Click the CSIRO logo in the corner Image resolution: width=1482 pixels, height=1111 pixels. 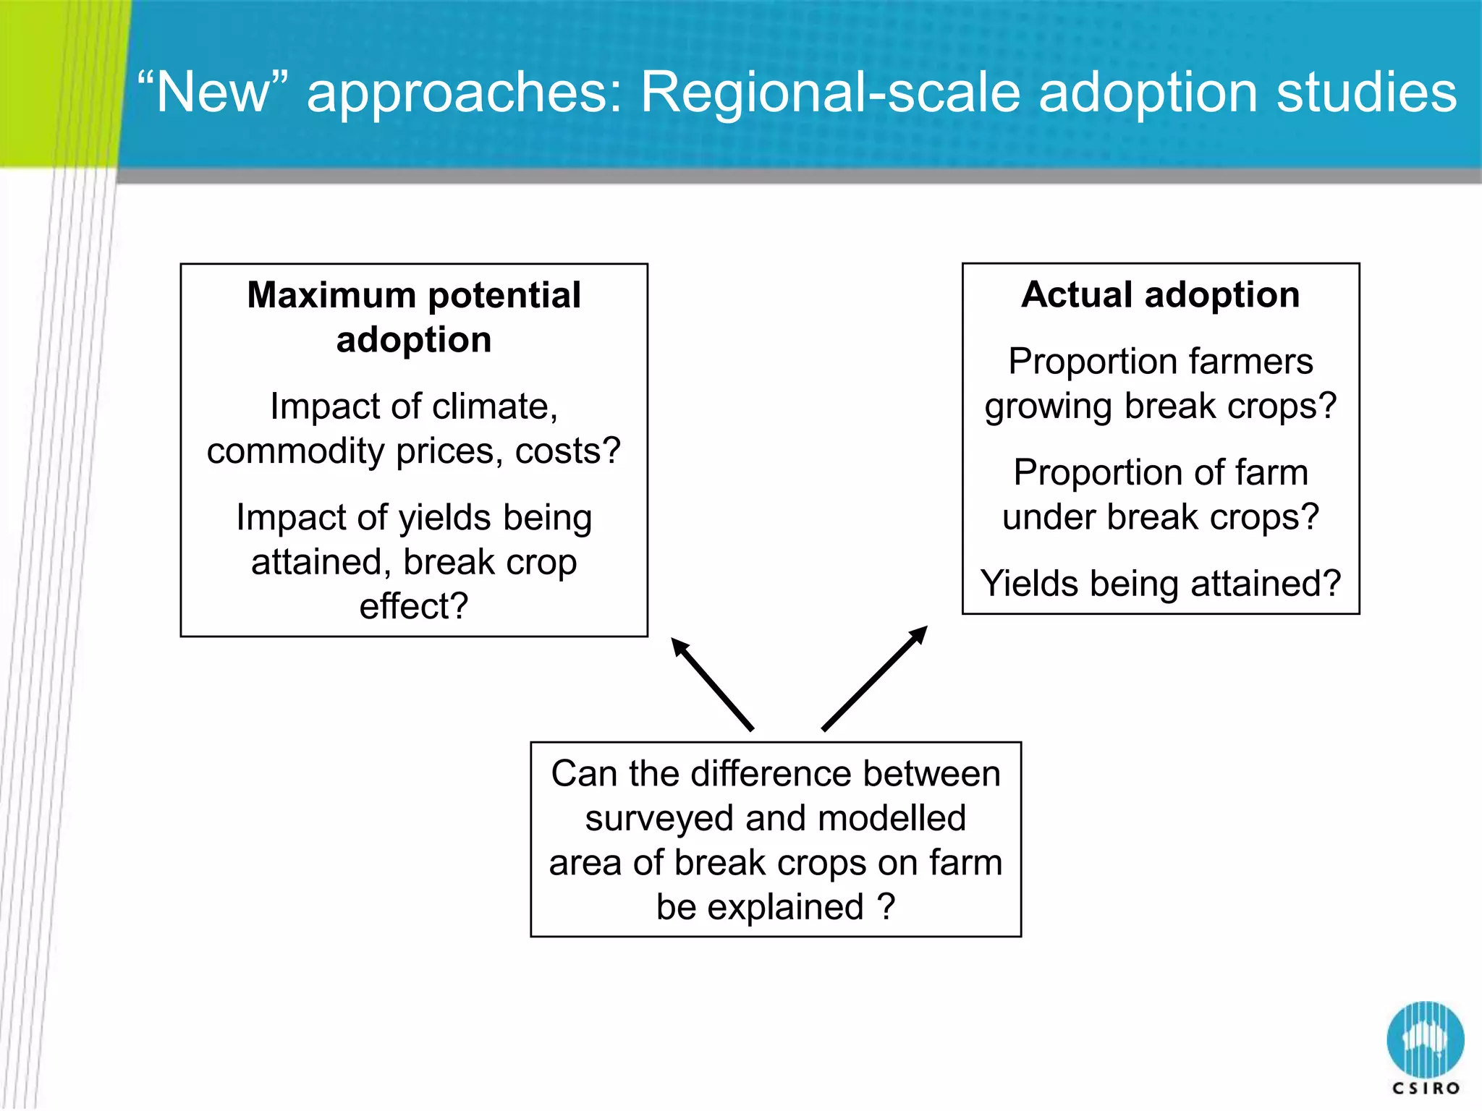click(x=1425, y=1047)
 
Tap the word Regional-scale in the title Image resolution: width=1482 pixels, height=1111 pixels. click(x=831, y=94)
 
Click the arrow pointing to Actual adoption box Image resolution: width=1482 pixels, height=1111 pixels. click(x=875, y=678)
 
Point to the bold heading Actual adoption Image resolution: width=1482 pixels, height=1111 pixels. click(x=1160, y=295)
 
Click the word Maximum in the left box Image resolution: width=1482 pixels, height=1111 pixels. click(x=331, y=296)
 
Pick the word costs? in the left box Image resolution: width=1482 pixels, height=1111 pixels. click(x=567, y=451)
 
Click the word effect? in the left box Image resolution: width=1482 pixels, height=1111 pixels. click(x=414, y=606)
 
